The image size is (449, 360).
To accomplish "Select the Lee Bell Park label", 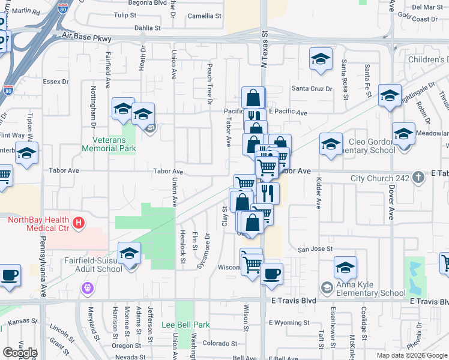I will click(x=186, y=325).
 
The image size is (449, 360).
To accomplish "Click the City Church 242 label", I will click(x=380, y=178).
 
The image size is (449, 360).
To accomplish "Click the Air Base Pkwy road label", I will click(x=87, y=38).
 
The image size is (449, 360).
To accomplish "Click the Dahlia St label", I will click(x=148, y=28).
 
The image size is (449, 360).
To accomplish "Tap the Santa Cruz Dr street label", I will click(x=312, y=89).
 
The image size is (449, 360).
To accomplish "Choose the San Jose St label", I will click(x=316, y=248).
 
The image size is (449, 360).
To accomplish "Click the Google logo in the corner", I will click(x=19, y=352).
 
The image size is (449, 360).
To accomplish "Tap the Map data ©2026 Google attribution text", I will click(x=412, y=355).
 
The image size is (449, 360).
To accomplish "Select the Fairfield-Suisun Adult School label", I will click(x=93, y=265).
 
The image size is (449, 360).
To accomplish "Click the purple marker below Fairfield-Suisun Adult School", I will click(x=88, y=288).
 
